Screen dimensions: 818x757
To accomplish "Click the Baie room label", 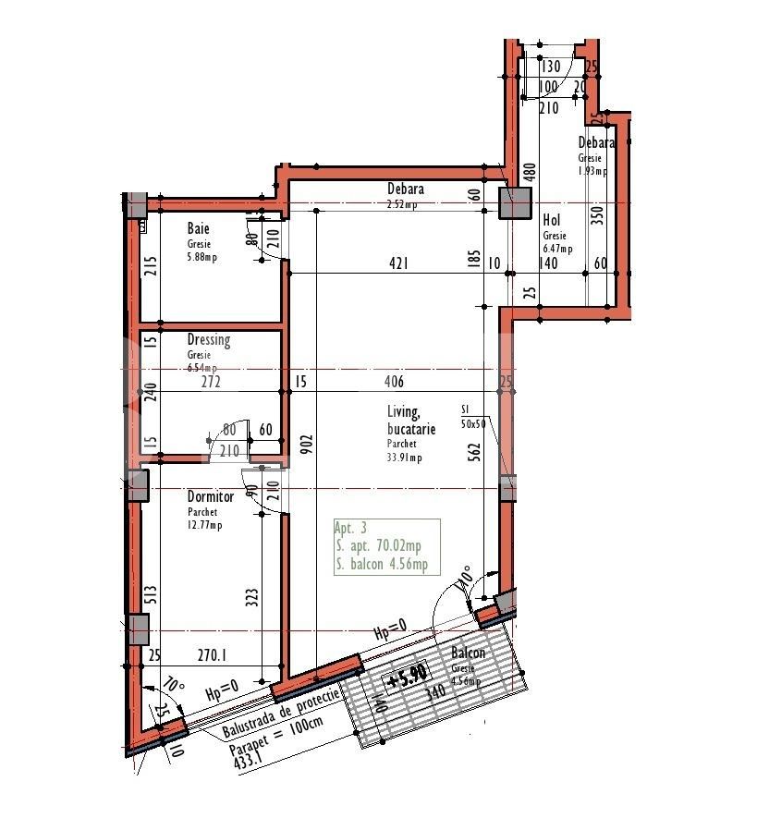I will coord(198,228).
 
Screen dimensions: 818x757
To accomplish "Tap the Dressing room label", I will coord(208,340).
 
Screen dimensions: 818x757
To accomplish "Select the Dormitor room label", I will coord(210,497).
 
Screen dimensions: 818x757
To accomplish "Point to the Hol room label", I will coord(552,220).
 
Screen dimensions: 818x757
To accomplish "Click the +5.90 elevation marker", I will coord(407,678).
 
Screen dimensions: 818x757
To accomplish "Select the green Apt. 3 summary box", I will coord(386,547).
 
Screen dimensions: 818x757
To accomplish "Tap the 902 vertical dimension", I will coord(306,447).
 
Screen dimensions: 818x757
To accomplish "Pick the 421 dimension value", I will coord(397,264).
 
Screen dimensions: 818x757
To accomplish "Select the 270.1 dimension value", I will coord(212,654).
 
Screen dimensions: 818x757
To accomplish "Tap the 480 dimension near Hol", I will coord(530,172).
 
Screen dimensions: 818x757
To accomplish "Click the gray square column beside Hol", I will coord(514,203).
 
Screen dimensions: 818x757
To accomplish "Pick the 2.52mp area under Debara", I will coord(401,205).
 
